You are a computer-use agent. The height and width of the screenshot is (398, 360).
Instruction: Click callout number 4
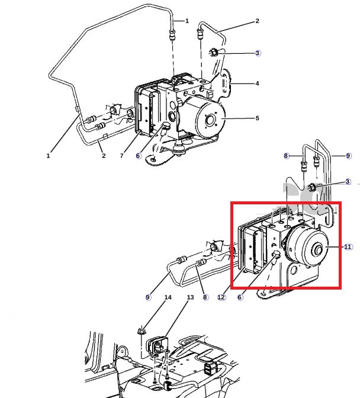click(257, 84)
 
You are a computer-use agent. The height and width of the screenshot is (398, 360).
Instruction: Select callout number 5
click(257, 118)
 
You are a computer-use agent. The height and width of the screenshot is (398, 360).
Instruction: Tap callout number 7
click(121, 156)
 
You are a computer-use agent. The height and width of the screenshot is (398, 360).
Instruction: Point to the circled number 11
click(348, 246)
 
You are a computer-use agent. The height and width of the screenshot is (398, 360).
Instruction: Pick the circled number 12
click(221, 297)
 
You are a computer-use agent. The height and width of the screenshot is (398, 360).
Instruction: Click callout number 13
click(190, 297)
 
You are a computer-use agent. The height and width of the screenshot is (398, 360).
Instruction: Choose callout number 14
click(168, 297)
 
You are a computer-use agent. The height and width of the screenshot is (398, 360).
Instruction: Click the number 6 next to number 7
click(138, 156)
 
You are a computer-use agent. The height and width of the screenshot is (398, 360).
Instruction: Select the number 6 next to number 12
click(240, 297)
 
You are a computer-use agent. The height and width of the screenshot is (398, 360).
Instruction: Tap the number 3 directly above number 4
click(257, 53)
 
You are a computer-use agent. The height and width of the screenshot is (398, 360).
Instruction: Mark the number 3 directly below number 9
click(348, 181)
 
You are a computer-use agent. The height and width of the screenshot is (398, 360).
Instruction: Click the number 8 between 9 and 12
click(205, 297)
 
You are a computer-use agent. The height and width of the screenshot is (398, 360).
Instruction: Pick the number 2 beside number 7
click(103, 156)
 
